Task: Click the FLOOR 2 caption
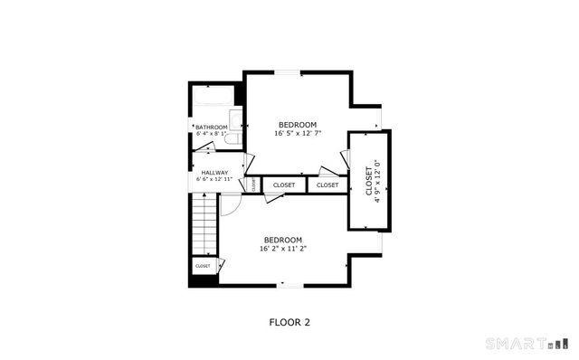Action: [x=289, y=321]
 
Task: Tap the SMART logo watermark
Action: [x=528, y=344]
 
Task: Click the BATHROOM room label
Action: [x=211, y=128]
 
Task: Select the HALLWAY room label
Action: [x=214, y=173]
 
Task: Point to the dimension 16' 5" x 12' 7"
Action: [x=298, y=133]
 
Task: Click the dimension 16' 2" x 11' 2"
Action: [x=283, y=248]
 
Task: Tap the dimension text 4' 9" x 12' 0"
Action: [x=377, y=185]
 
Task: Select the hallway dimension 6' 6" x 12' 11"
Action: [x=214, y=180]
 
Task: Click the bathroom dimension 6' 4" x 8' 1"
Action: [x=211, y=135]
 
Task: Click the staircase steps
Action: [x=204, y=226]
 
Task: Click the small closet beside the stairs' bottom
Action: [x=203, y=266]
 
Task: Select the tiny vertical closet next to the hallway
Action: [x=253, y=185]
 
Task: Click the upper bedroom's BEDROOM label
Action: [x=297, y=124]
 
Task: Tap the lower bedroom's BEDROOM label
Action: [x=283, y=240]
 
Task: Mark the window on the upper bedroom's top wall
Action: [x=288, y=72]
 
